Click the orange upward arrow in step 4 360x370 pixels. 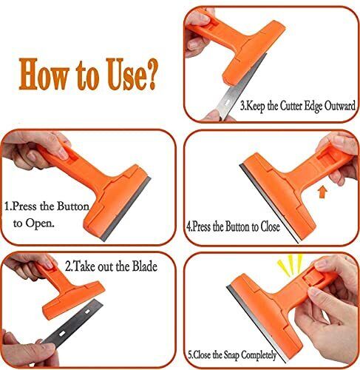click(322, 192)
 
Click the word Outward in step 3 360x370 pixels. click(333, 106)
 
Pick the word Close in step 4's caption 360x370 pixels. click(266, 227)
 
